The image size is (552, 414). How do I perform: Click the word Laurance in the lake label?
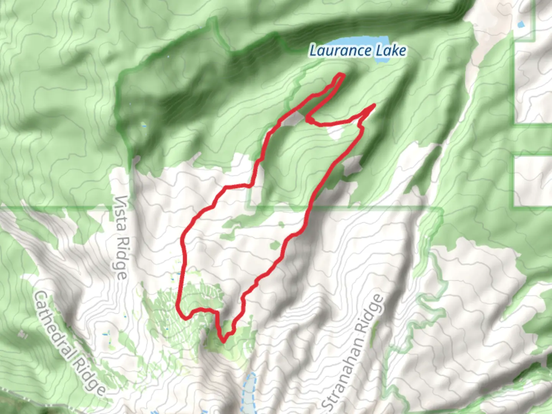(x=340, y=51)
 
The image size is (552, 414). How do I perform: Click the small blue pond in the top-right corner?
(x=520, y=25)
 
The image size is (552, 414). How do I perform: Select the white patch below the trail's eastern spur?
(x=336, y=132)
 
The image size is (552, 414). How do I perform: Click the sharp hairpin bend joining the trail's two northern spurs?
(x=308, y=119)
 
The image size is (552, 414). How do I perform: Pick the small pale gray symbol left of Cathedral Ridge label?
(x=22, y=335)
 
